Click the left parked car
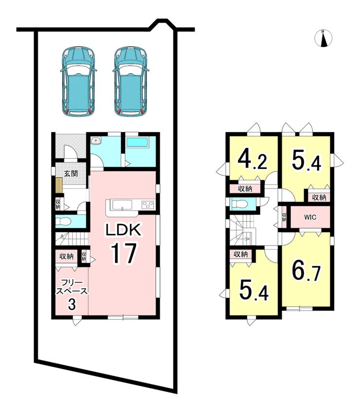[78, 81]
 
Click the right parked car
[131, 81]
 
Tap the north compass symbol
[324, 38]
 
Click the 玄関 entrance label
[71, 174]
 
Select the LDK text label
[124, 230]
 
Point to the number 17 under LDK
[124, 253]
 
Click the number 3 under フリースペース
[72, 304]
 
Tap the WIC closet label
[310, 218]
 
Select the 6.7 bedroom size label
[306, 271]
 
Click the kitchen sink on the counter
[122, 205]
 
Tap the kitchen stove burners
[147, 205]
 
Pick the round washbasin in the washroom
[96, 140]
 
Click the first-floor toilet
[63, 222]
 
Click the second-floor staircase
[242, 231]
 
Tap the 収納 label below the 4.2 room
[245, 188]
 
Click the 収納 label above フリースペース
[66, 256]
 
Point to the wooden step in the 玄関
[59, 185]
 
